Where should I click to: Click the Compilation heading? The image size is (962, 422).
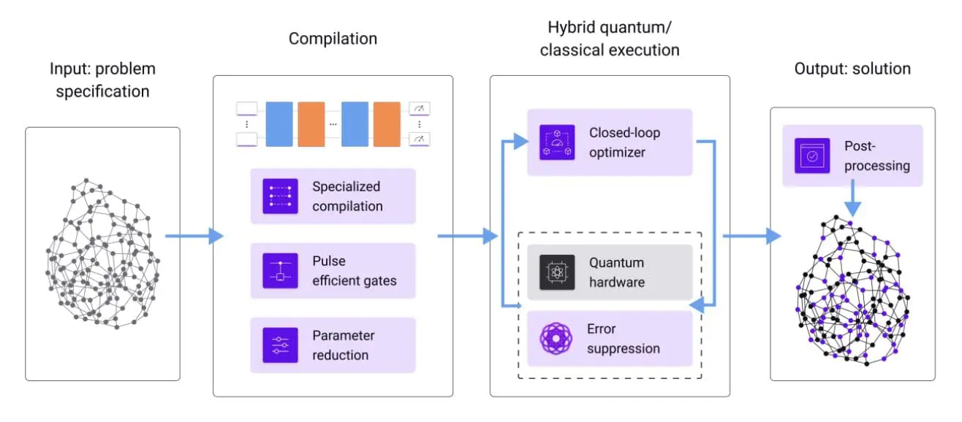(333, 39)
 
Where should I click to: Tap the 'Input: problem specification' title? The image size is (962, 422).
(102, 80)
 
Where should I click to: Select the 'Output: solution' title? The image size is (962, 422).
(852, 69)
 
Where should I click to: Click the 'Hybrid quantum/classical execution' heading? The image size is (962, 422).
(613, 39)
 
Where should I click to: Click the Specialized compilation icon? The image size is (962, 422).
(281, 196)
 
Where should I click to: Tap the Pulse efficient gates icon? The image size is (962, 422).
(281, 271)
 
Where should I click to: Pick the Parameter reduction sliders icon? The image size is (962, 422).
(281, 345)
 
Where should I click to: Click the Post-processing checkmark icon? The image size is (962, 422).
(812, 156)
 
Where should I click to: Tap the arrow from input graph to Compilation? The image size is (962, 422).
(194, 236)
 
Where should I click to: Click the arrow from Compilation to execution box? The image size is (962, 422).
(466, 236)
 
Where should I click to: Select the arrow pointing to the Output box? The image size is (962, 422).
(751, 236)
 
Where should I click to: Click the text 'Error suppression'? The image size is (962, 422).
(623, 339)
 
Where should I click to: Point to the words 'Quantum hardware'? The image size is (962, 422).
(617, 272)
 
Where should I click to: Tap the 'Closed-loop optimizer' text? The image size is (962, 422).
(624, 142)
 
